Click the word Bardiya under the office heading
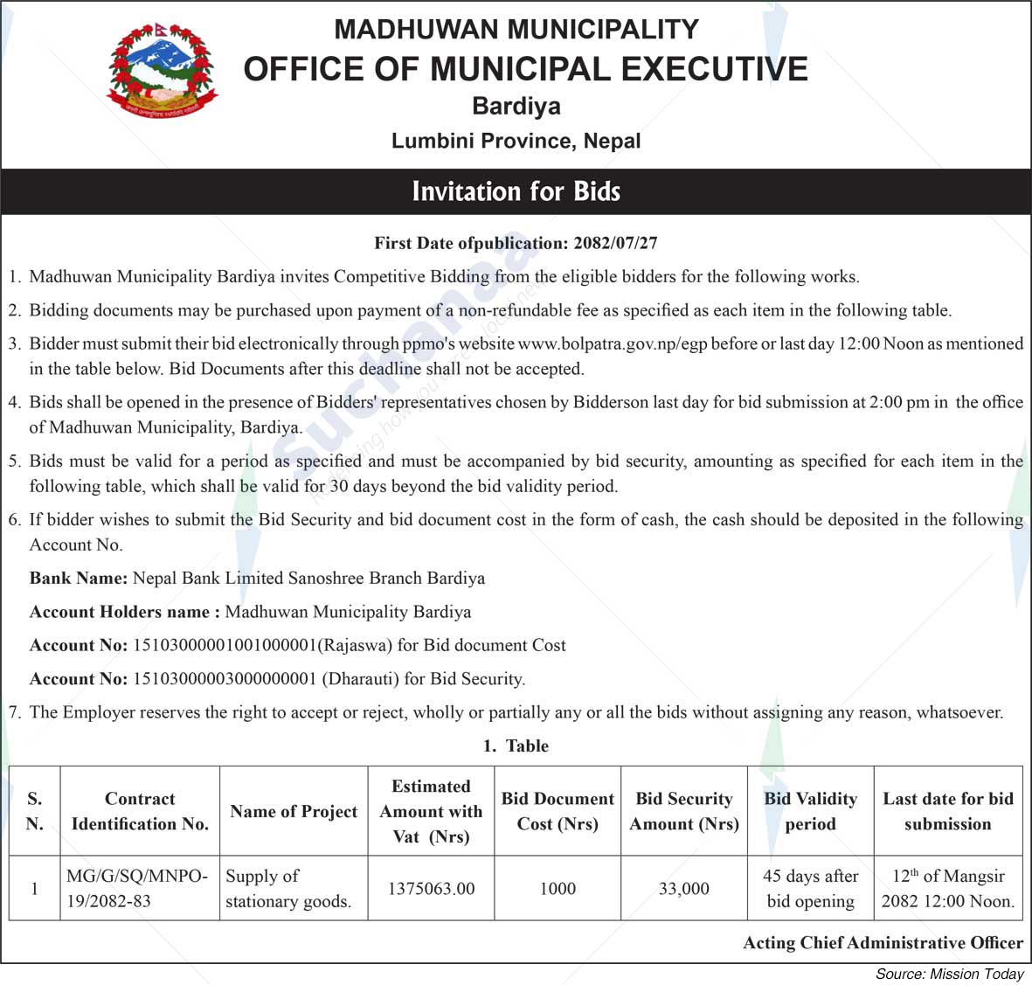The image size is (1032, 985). [x=516, y=107]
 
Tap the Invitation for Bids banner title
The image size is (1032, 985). [x=516, y=191]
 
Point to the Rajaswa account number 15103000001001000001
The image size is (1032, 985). [x=224, y=645]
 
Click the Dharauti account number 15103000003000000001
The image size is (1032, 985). [x=224, y=678]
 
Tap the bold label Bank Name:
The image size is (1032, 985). [x=79, y=578]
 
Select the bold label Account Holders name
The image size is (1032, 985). [x=124, y=612]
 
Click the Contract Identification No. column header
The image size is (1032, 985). [x=140, y=811]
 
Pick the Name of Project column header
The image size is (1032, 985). [x=294, y=811]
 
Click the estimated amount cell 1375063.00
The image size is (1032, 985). [x=431, y=889]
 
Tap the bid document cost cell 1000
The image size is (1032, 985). [x=558, y=889]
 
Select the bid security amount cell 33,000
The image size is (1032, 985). [x=684, y=889]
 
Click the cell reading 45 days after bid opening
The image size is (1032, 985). [x=810, y=889]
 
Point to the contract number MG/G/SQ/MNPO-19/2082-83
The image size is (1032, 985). [x=138, y=888]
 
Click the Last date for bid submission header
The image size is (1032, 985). [x=948, y=811]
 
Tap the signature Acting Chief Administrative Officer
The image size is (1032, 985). [x=883, y=943]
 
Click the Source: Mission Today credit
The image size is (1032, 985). [x=949, y=974]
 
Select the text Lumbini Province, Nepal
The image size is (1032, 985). [x=516, y=141]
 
